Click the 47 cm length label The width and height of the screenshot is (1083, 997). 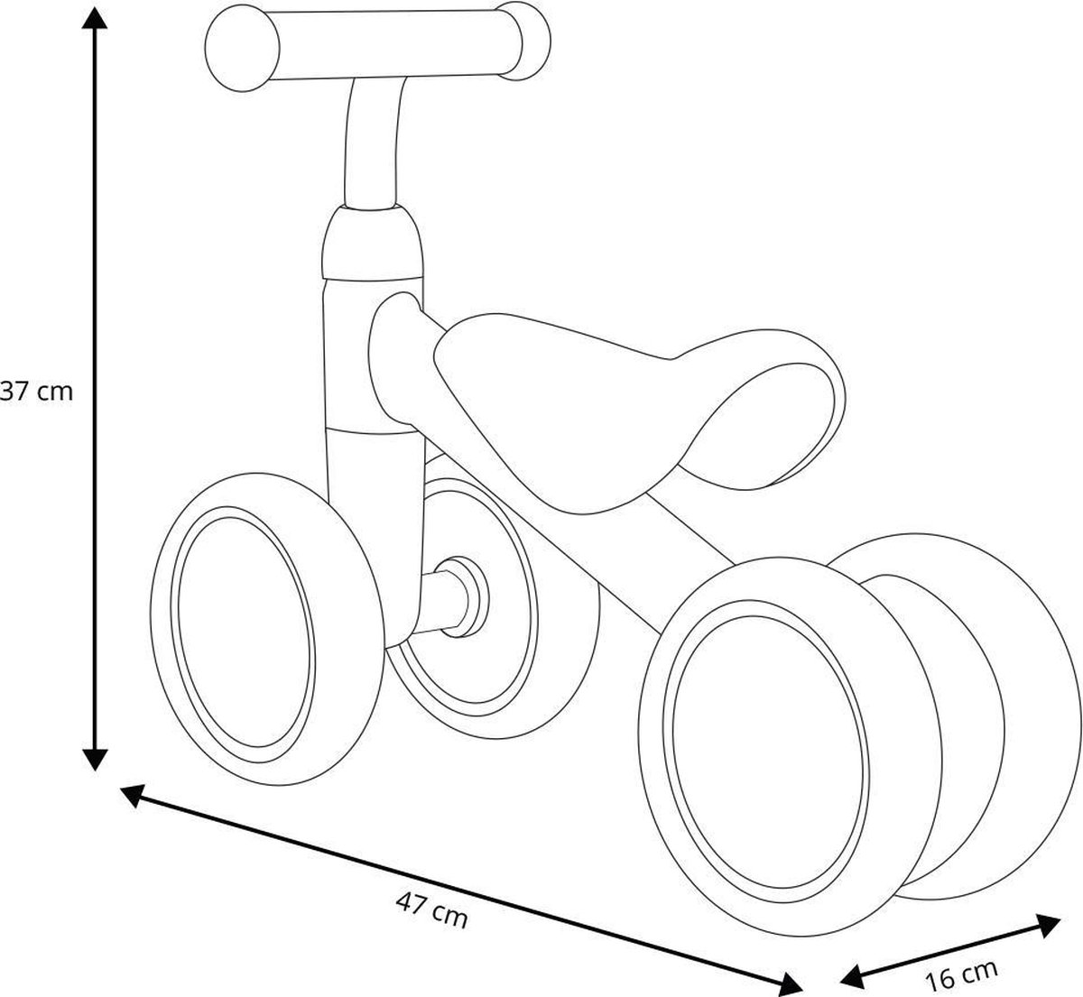point(431,908)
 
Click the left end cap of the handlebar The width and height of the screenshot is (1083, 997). point(239,51)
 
